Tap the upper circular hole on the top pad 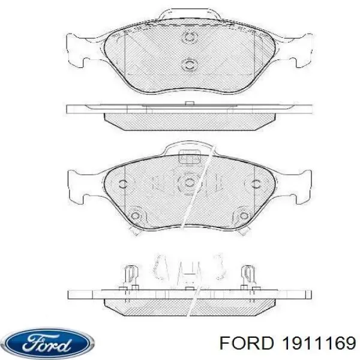point(190,37)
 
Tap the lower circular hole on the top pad point(190,64)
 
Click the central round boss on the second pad point(190,182)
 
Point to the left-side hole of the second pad point(123,184)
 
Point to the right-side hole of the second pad point(256,184)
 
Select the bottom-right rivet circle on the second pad point(244,216)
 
